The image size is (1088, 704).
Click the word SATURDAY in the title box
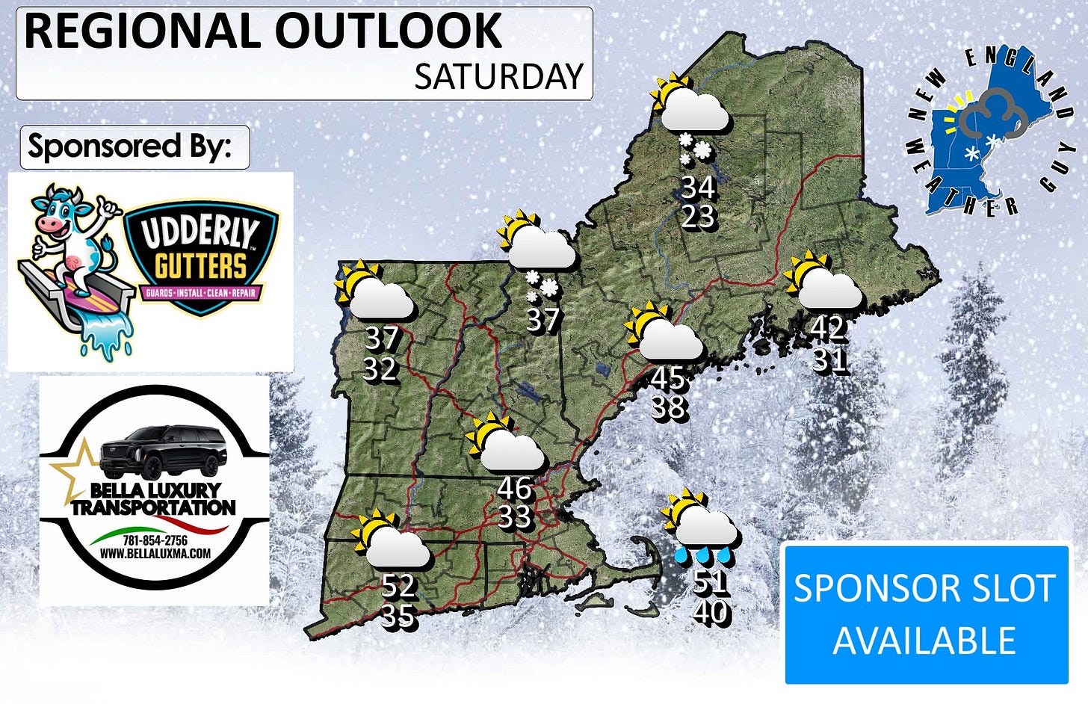498,77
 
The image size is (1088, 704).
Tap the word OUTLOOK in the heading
389,31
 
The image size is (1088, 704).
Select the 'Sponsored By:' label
129,146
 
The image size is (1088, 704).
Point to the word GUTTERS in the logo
200,266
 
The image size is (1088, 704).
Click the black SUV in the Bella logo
164,451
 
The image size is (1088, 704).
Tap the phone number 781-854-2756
155,540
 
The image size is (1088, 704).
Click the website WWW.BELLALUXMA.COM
155,554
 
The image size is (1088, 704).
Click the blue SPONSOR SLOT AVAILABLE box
926,614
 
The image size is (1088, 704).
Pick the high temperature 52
398,585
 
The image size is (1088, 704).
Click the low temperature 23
698,216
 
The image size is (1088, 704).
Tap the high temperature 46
514,489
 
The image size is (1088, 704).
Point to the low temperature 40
711,612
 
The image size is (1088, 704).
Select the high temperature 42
828,327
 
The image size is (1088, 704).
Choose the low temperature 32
380,368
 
